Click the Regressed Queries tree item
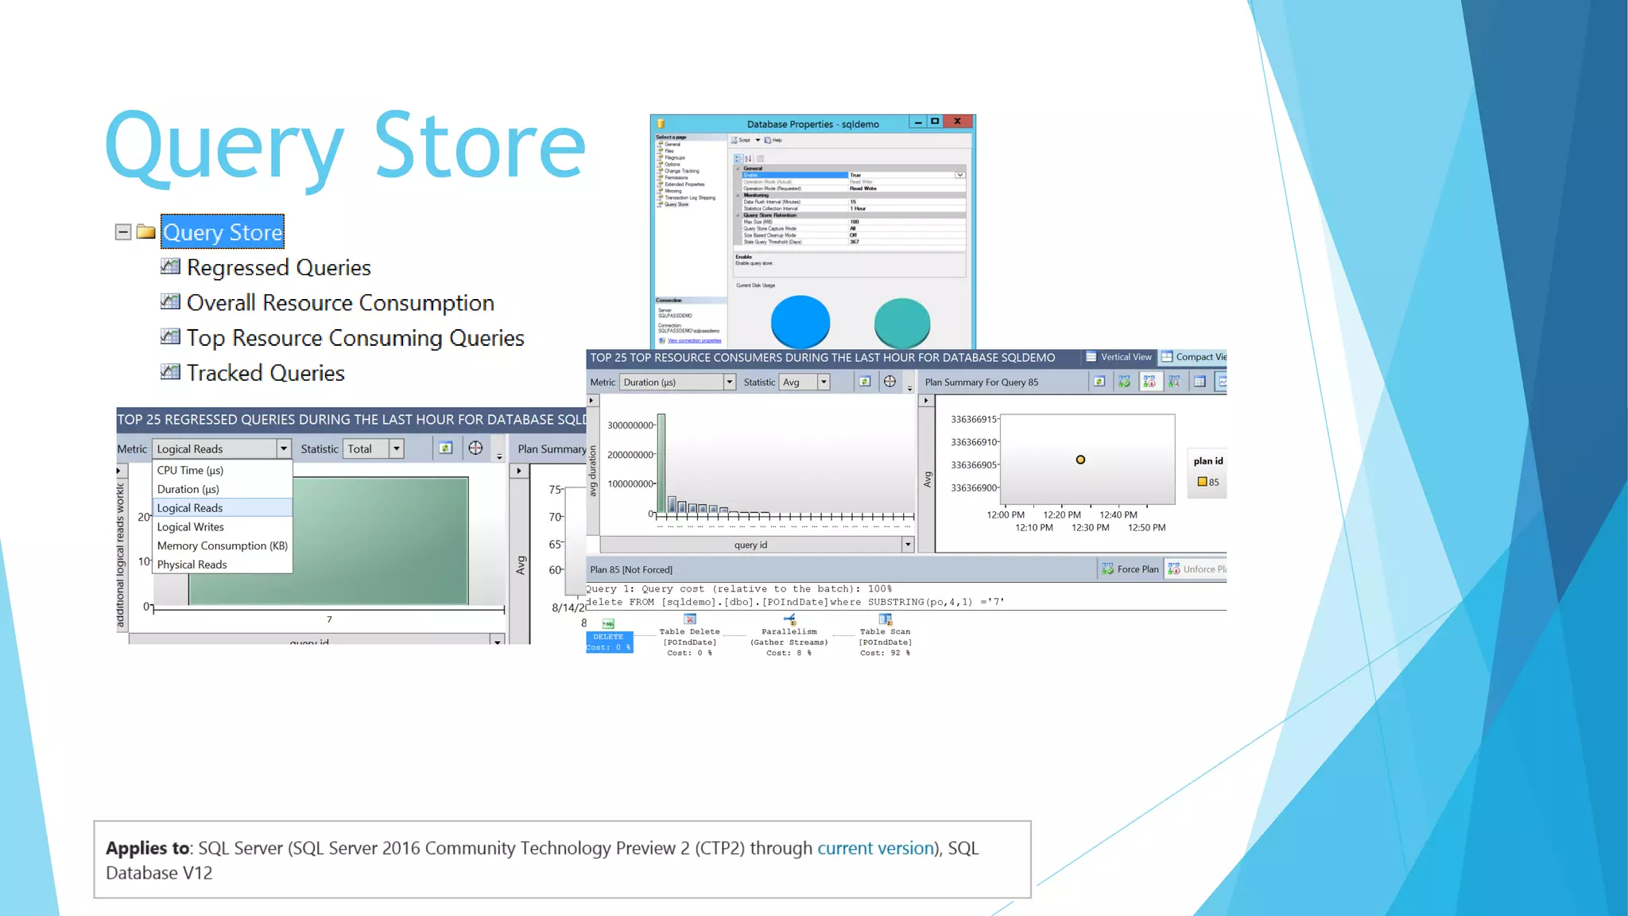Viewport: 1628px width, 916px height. click(278, 268)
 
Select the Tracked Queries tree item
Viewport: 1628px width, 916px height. click(265, 374)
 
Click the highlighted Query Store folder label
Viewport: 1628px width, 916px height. click(223, 232)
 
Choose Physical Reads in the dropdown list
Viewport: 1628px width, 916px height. click(192, 565)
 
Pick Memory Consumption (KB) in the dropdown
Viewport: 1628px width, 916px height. click(222, 545)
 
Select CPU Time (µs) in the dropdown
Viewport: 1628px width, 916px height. click(190, 471)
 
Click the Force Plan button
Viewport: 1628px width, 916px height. click(1130, 569)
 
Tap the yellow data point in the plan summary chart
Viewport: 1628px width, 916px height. click(1080, 460)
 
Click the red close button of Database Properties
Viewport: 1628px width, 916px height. click(958, 122)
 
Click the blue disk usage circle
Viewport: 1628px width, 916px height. click(800, 322)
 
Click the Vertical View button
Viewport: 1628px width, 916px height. click(1118, 357)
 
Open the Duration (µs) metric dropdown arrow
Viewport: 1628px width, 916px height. click(729, 382)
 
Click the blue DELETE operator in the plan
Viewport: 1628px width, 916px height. click(609, 642)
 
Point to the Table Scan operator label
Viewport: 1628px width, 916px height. click(885, 632)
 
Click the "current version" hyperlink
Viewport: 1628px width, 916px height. click(875, 848)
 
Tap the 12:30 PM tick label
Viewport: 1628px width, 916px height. click(1090, 528)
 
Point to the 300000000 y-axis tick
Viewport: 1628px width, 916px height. click(630, 425)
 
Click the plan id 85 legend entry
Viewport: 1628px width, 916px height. click(1208, 482)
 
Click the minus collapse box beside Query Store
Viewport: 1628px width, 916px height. click(123, 232)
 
